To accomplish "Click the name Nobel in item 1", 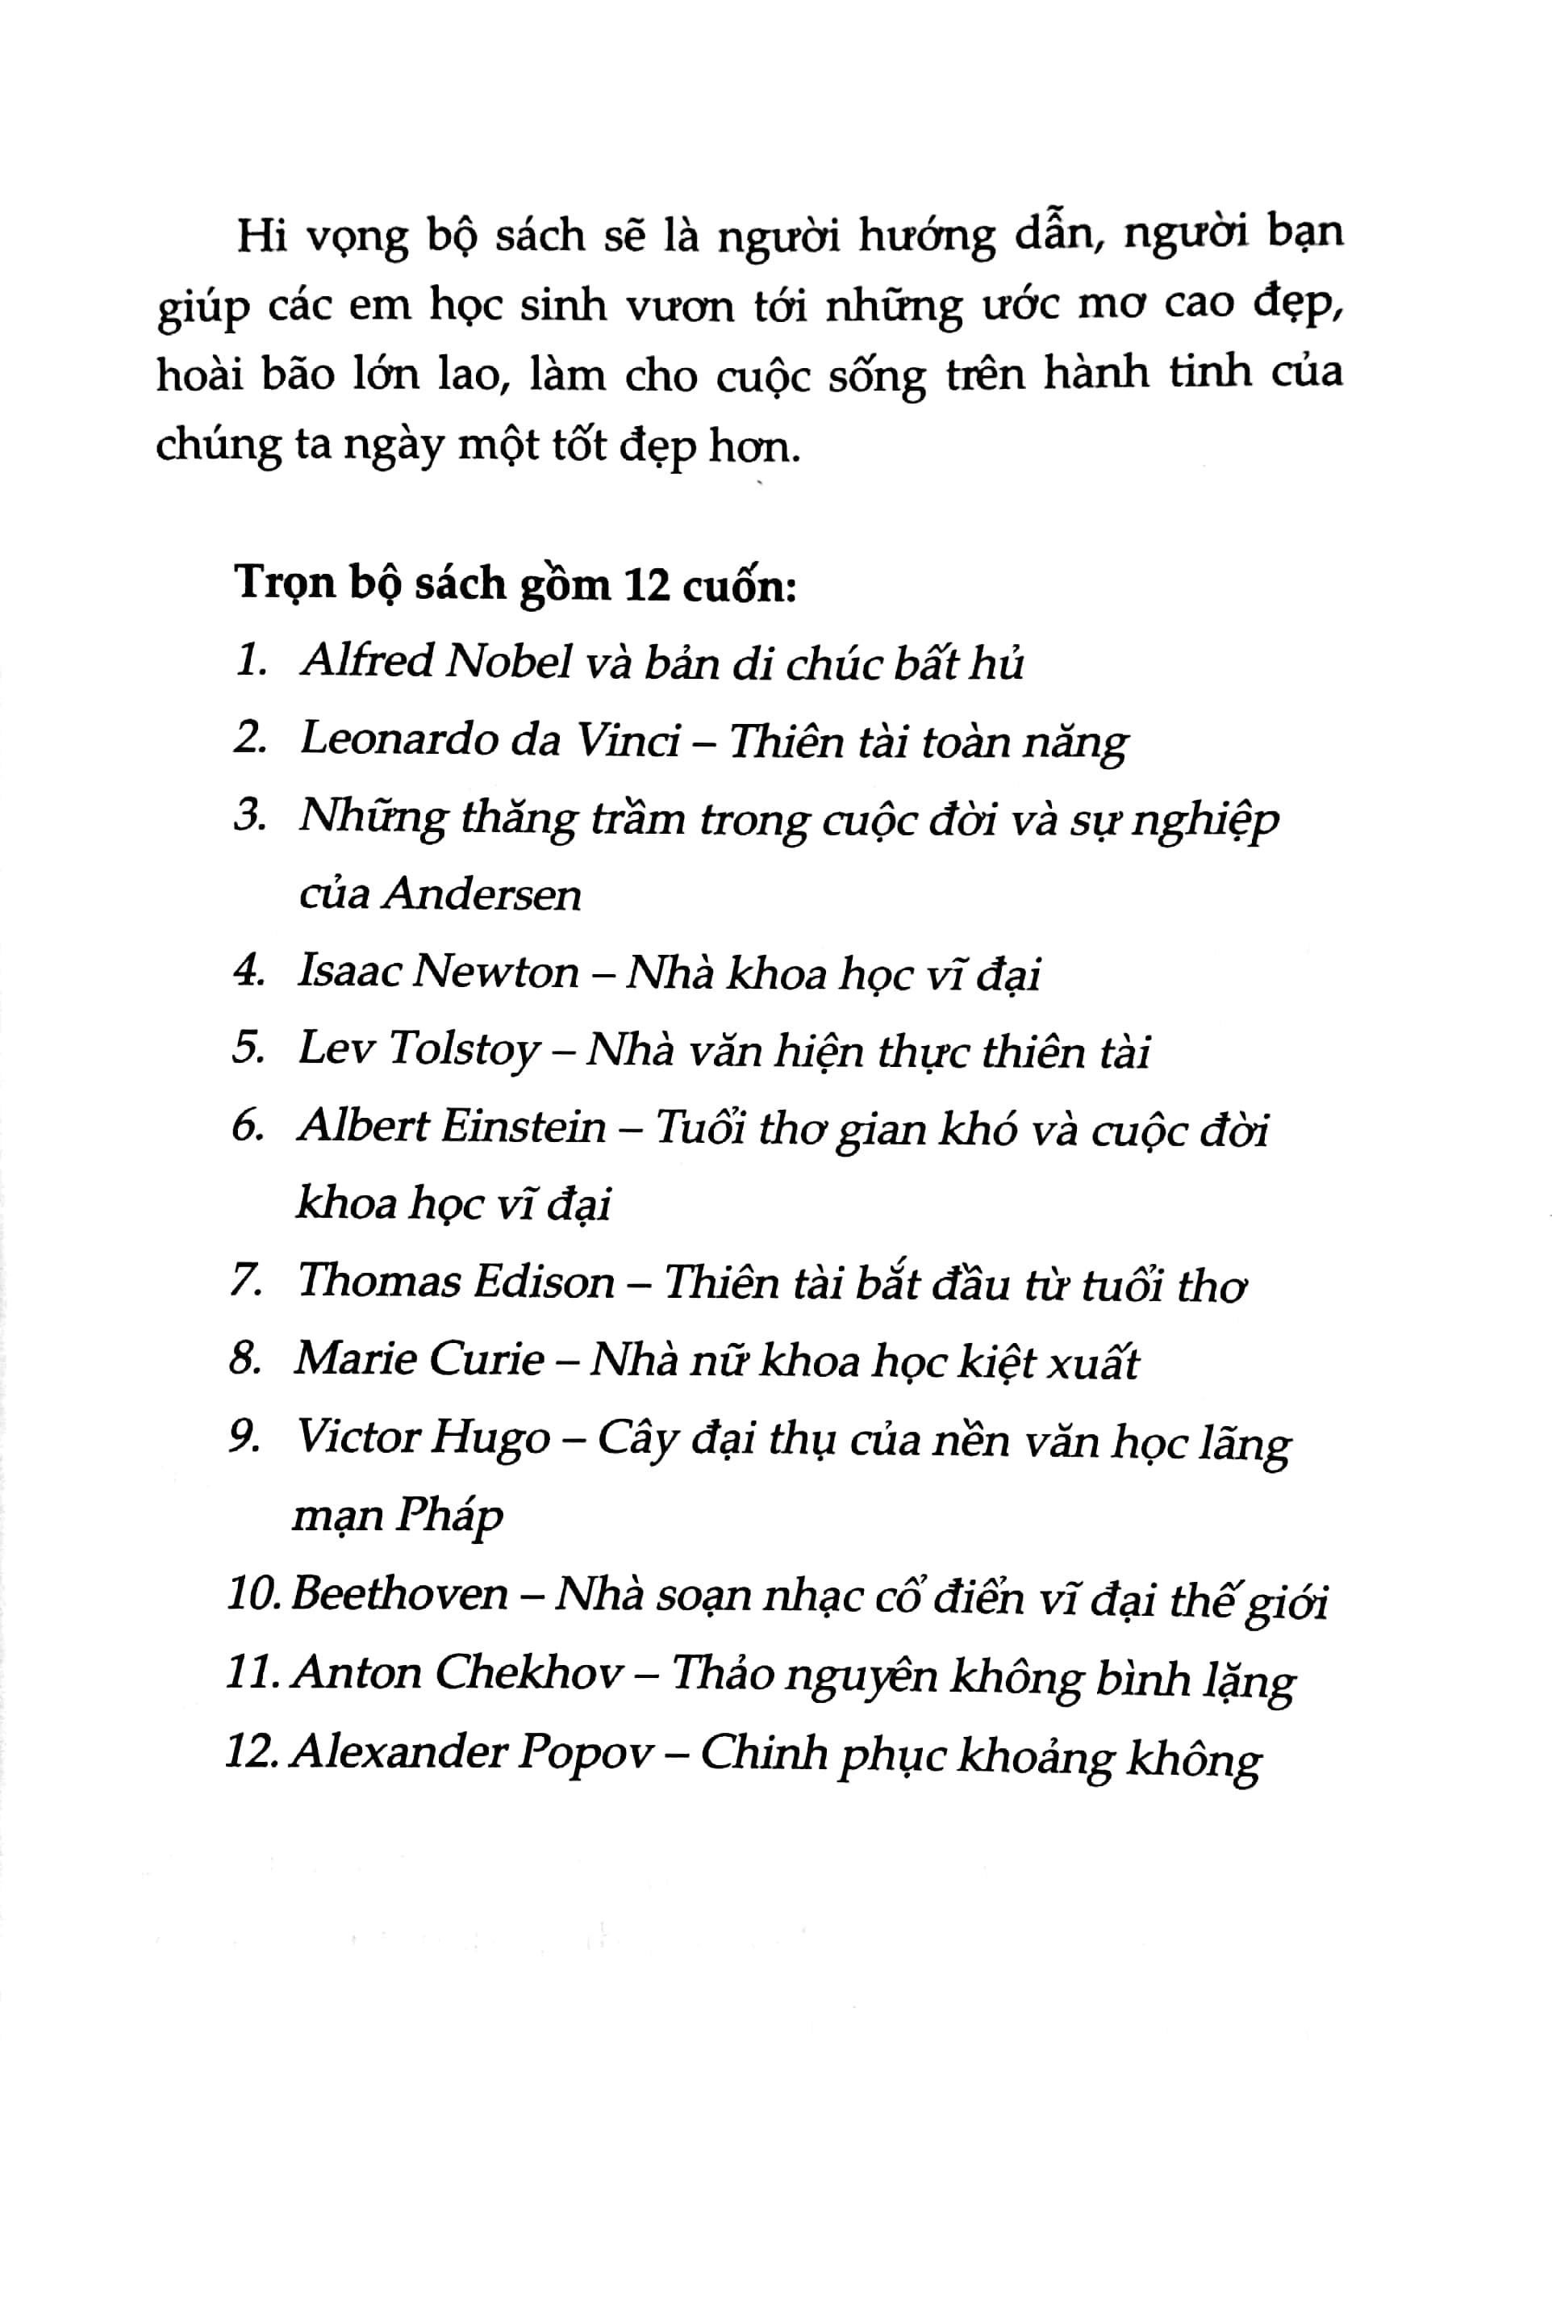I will coord(510,663).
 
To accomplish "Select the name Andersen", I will coord(482,895).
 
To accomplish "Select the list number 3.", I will coord(248,818).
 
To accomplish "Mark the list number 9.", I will coord(244,1439).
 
